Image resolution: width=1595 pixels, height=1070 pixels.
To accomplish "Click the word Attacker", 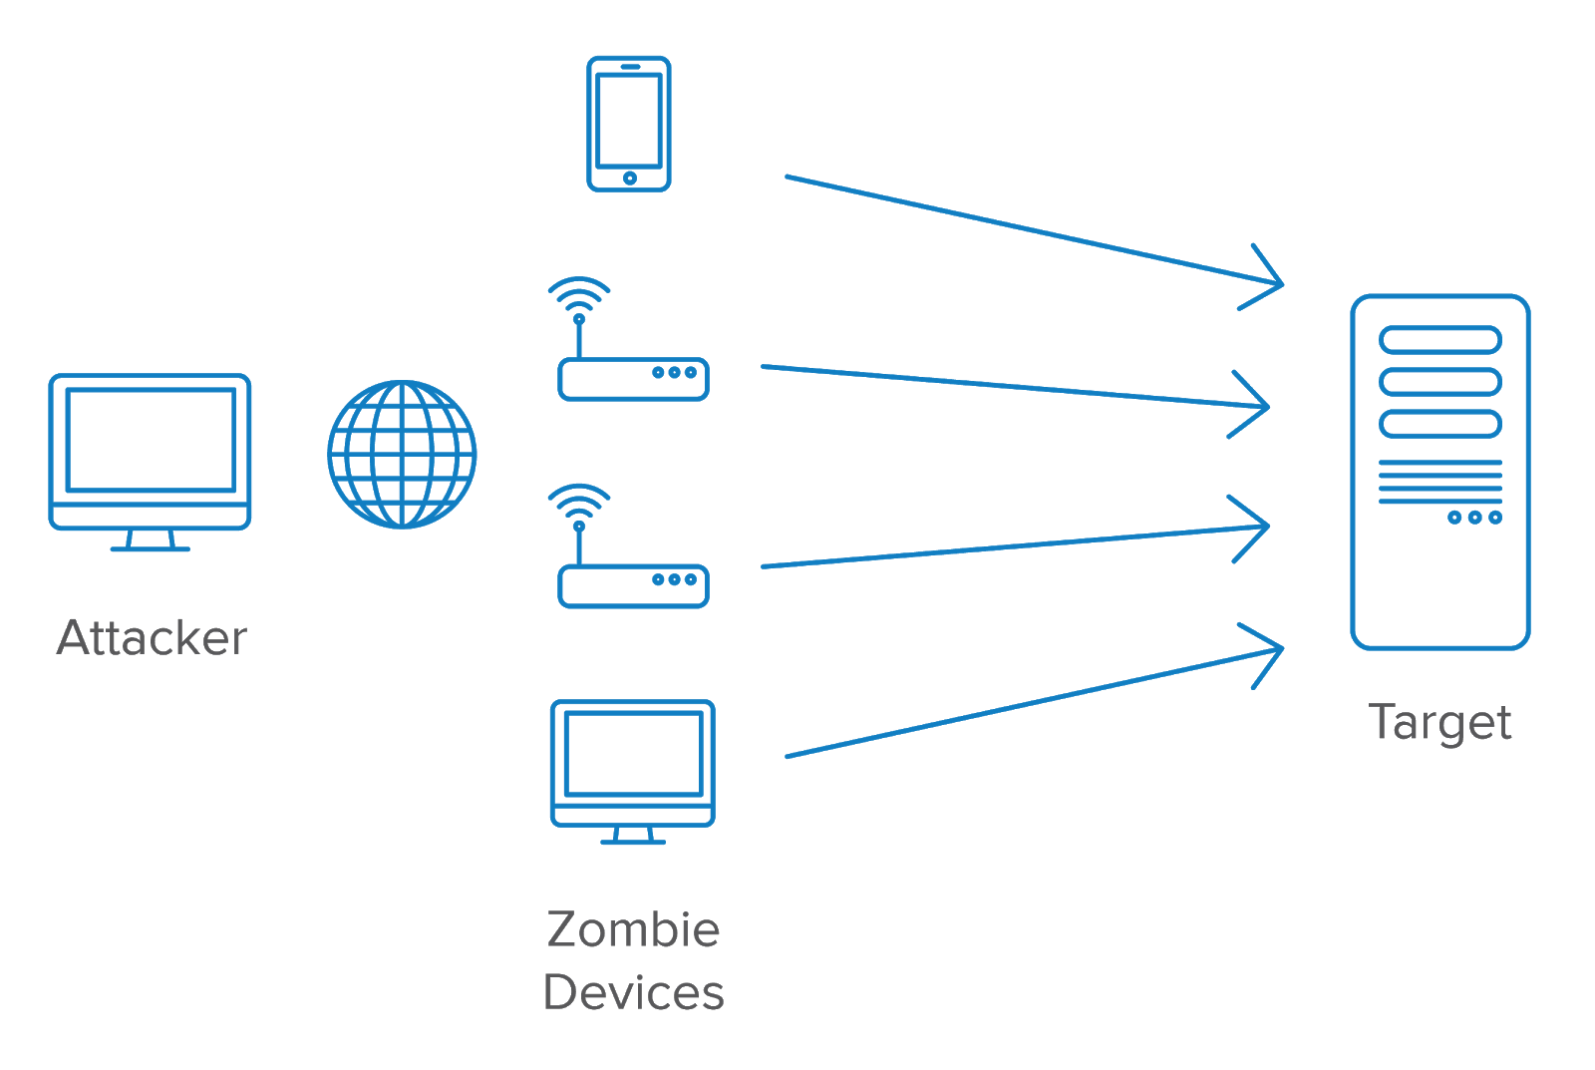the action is tap(152, 637).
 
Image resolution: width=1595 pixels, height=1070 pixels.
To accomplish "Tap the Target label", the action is tap(1439, 724).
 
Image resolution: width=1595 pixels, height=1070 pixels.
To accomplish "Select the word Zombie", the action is tap(633, 929).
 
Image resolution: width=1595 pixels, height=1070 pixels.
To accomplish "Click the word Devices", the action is tap(633, 992).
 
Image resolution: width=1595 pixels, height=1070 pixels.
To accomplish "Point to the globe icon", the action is tap(403, 455).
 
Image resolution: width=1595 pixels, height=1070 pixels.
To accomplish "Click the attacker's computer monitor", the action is tap(150, 463).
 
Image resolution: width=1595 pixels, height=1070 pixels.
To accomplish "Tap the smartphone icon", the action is tap(629, 124).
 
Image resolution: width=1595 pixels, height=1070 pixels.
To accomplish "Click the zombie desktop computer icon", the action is tap(633, 772).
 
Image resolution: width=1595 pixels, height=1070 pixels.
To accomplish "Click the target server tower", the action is tap(1440, 472).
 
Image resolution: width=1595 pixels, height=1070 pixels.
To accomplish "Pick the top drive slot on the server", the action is tap(1440, 340).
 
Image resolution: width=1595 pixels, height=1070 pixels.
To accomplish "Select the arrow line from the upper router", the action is tap(1015, 386).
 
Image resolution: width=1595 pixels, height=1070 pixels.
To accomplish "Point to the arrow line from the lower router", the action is tap(1015, 546).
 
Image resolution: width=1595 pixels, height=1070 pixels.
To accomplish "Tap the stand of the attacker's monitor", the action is tap(151, 540).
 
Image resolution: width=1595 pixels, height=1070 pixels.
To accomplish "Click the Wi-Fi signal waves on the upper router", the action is tap(579, 295).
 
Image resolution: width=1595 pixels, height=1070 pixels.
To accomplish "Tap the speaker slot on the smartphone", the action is tap(630, 66).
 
